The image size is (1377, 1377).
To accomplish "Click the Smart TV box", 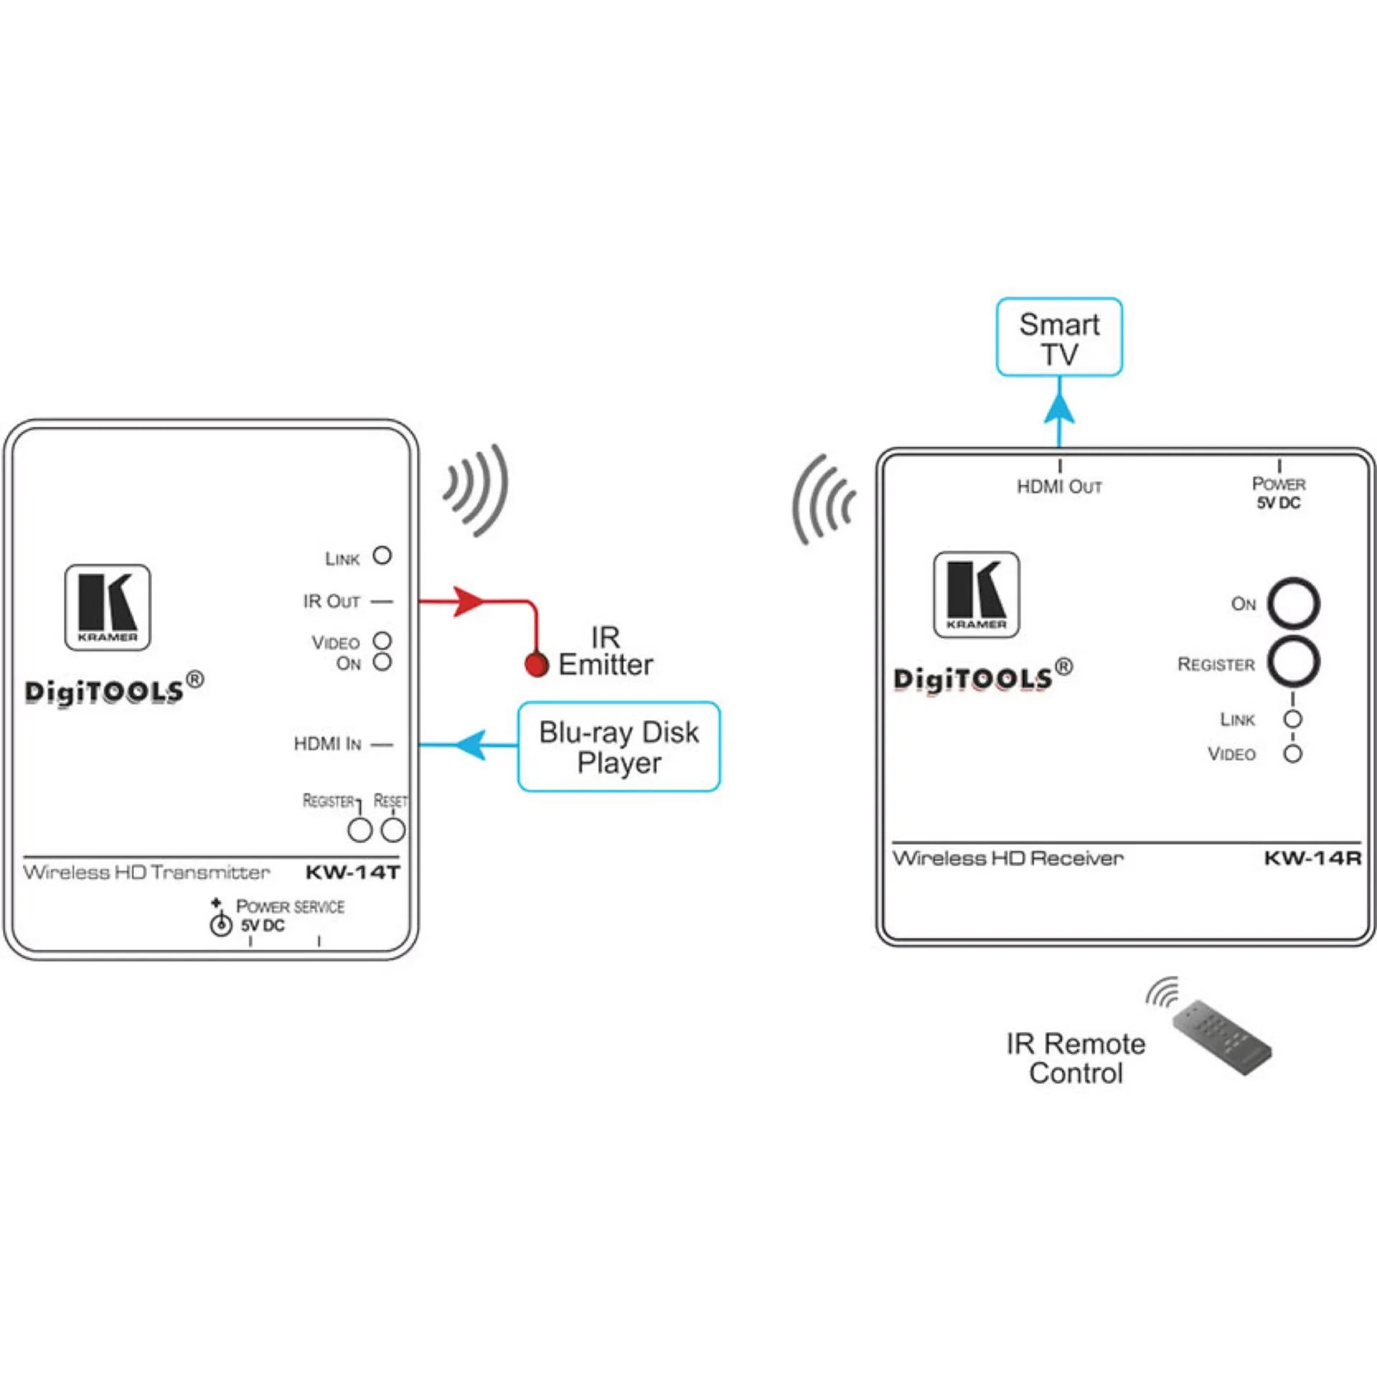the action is point(1059,337).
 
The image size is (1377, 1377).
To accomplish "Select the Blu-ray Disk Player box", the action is point(619,747).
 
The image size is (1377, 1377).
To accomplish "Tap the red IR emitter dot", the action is point(536,665).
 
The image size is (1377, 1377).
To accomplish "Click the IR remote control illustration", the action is point(1221,1038).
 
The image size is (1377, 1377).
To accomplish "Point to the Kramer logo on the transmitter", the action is point(108,607).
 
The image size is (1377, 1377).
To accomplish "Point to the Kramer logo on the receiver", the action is point(976,595).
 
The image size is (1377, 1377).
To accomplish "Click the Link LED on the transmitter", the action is point(382,555).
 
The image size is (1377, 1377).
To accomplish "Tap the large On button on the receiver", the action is point(1293,604).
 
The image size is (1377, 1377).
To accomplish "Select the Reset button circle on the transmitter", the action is point(393,831).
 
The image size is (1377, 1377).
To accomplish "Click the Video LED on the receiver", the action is point(1292,754).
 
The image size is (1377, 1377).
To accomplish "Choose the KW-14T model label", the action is point(352,872).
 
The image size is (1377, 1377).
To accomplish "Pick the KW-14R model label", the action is point(1312,858).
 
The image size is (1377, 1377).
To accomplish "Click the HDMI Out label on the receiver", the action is point(1059,487).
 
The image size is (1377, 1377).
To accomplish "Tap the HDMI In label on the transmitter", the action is point(328,744).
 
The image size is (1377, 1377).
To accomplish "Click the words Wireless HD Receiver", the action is point(1008,858).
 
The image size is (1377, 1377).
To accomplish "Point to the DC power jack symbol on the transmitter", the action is point(220,924).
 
